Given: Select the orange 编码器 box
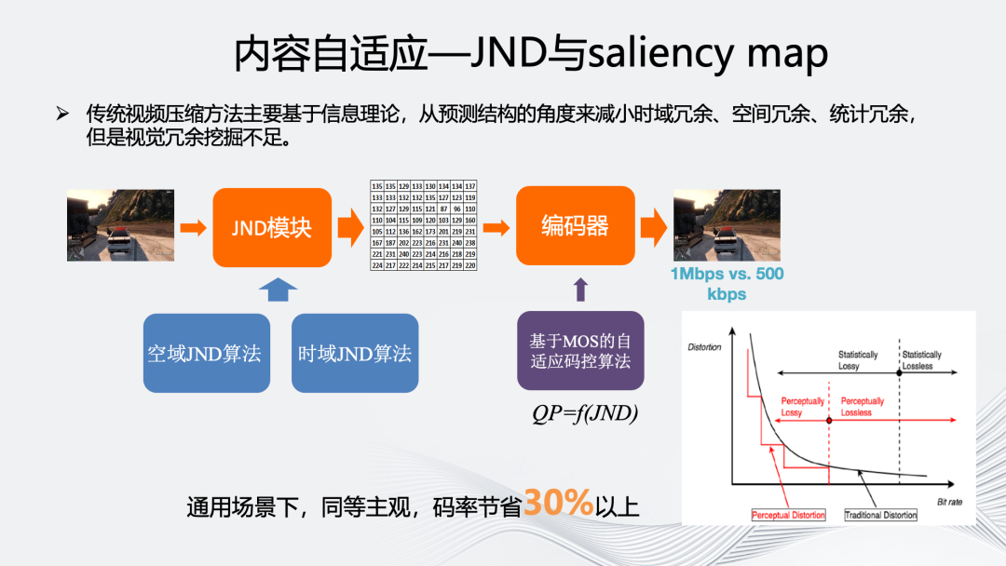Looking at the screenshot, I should (575, 226).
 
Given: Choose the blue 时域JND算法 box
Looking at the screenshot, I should (354, 353).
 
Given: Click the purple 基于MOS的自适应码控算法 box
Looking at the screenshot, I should (580, 351).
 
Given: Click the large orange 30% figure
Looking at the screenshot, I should (559, 504).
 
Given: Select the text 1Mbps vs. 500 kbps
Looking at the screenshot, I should (727, 283).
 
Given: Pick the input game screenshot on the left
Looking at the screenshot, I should (120, 226).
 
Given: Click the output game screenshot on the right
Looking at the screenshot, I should (727, 226).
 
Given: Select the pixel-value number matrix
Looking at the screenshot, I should (424, 226).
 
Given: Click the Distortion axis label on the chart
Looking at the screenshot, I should (704, 347).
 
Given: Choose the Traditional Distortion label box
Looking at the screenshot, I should (880, 515).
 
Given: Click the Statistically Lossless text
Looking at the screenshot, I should (921, 360).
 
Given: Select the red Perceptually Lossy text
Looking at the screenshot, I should (803, 406).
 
